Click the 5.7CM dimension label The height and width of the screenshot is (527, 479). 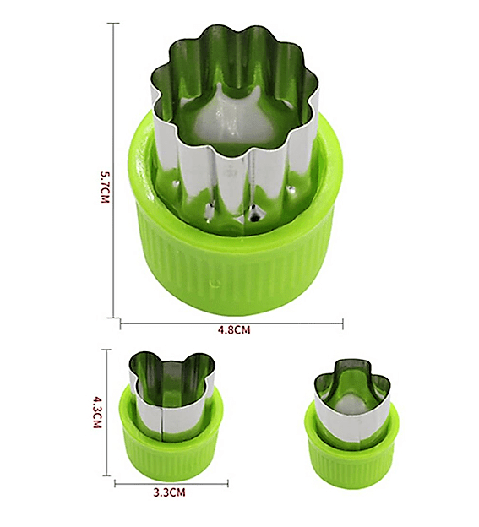[x=106, y=187]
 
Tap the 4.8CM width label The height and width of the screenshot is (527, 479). [x=234, y=329]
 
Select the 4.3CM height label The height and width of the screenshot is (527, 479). [x=97, y=412]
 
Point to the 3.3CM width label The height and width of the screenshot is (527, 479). [x=170, y=492]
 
